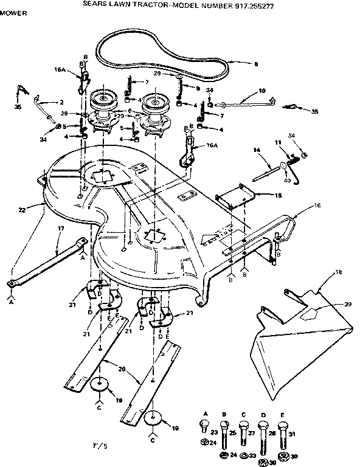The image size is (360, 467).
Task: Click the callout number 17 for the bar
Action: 61,230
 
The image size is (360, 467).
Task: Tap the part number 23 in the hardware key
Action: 214,432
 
